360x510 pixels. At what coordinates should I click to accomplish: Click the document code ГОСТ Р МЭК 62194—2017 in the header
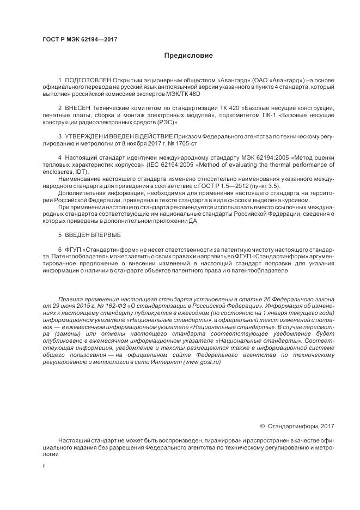pos(80,40)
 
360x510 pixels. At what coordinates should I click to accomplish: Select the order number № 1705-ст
pos(186,142)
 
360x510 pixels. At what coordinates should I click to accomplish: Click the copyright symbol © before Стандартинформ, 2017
pos(263,426)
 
